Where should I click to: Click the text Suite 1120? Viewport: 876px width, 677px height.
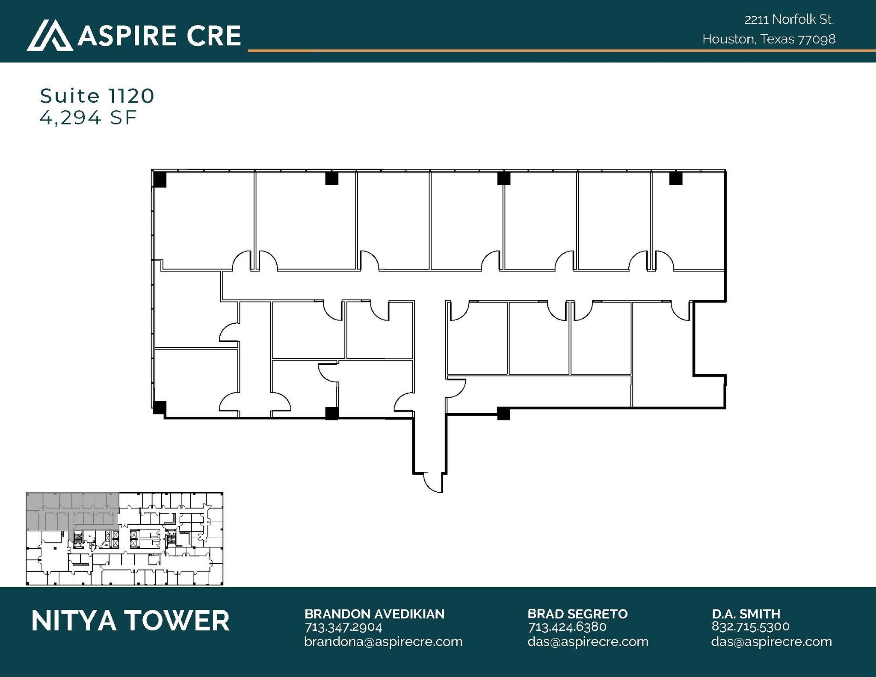click(x=97, y=96)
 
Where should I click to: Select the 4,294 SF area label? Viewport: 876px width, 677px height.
click(x=88, y=118)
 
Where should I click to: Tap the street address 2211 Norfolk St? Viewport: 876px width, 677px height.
click(x=789, y=20)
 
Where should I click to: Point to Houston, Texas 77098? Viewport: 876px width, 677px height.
click(x=769, y=39)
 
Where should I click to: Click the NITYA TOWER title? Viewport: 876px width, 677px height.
click(x=130, y=621)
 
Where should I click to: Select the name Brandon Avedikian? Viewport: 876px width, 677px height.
click(x=374, y=614)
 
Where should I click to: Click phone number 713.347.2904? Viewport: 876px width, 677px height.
click(x=343, y=627)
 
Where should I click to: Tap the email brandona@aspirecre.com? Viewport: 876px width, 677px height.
click(x=383, y=642)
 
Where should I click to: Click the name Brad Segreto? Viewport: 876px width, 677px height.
click(x=577, y=614)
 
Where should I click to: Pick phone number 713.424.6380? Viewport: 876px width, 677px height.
click(x=567, y=627)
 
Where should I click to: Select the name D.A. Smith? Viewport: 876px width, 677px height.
click(x=746, y=614)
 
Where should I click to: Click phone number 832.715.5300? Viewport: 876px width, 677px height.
click(x=750, y=627)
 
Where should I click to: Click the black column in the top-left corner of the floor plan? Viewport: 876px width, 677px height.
click(x=160, y=179)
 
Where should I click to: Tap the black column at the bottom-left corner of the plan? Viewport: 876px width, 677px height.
click(x=159, y=407)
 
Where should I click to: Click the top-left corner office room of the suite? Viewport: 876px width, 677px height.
click(x=204, y=220)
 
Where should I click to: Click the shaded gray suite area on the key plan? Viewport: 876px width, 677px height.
click(x=73, y=511)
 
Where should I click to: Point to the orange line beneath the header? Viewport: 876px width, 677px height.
click(x=556, y=51)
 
